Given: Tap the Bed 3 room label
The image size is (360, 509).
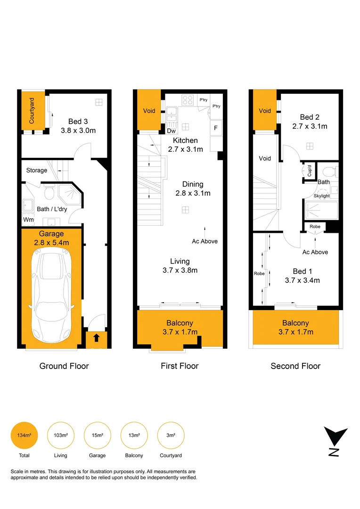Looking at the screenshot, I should click(78, 125).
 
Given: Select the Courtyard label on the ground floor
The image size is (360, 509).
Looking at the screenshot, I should click(32, 110).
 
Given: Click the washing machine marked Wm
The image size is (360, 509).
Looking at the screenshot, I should click(28, 220).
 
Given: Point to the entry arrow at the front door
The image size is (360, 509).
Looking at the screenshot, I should click(96, 337).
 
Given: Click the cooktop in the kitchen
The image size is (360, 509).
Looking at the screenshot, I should click(187, 100).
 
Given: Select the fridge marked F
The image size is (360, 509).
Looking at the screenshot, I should click(216, 127).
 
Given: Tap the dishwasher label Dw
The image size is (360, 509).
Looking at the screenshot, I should click(172, 131).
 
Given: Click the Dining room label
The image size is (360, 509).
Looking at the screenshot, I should click(193, 189).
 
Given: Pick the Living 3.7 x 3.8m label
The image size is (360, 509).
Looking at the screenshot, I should click(180, 265).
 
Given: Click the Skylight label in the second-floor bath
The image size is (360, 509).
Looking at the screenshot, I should click(322, 196).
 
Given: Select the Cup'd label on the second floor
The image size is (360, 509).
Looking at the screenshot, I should click(310, 170).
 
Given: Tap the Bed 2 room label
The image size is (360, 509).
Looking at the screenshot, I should click(310, 122).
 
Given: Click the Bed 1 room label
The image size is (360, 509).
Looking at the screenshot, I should click(302, 276).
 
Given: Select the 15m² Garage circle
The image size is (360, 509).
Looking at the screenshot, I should click(98, 435).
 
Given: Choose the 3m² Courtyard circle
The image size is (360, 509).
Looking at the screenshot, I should click(171, 435).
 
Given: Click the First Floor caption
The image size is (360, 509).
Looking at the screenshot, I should click(180, 366).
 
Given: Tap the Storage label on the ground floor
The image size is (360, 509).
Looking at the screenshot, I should click(36, 170).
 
